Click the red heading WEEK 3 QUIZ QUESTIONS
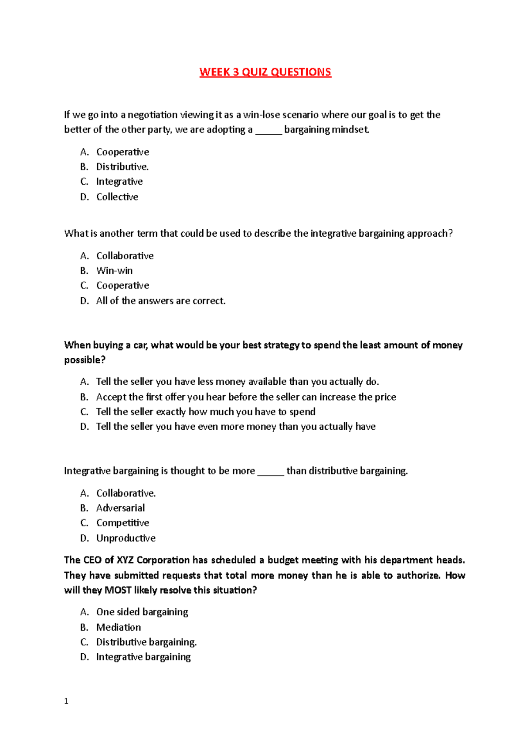point(265,72)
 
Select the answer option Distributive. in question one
point(122,167)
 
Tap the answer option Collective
point(117,197)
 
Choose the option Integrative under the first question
point(119,182)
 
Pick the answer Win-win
point(114,270)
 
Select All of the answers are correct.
point(161,301)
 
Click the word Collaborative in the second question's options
point(125,256)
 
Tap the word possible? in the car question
point(85,360)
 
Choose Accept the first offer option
point(246,397)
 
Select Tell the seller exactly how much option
point(205,412)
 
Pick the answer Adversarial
point(121,508)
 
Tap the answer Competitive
point(123,523)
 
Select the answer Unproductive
point(126,538)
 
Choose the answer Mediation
point(119,627)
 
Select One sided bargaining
point(142,612)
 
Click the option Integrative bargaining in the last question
point(144,657)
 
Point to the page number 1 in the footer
point(66,701)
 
